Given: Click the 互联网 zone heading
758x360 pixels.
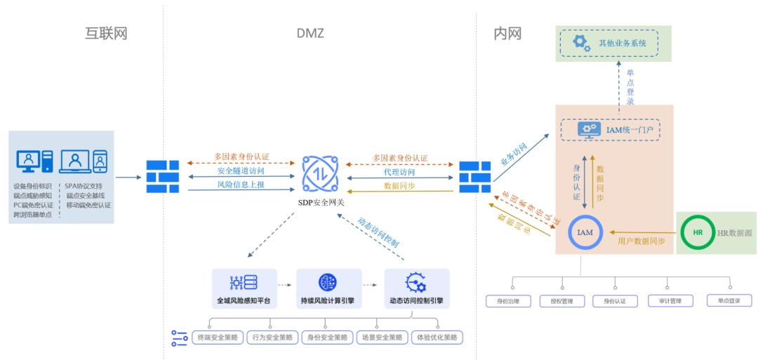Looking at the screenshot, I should pyautogui.click(x=106, y=33).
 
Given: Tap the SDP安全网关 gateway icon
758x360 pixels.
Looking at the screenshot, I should pyautogui.click(x=319, y=173).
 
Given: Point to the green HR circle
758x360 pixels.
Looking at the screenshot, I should pyautogui.click(x=697, y=232).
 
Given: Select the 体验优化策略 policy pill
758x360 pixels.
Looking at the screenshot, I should pyautogui.click(x=437, y=338).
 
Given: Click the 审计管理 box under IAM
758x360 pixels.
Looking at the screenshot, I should pyautogui.click(x=670, y=301).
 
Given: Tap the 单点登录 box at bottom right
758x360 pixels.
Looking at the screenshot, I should pyautogui.click(x=729, y=300).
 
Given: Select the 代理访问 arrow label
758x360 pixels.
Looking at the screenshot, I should pyautogui.click(x=400, y=172).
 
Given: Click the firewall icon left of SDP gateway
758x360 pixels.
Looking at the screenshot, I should pyautogui.click(x=163, y=177).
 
